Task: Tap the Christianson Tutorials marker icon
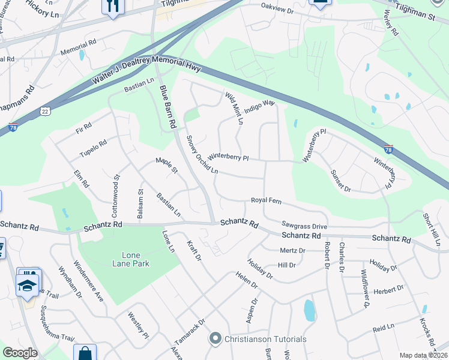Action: tap(216, 340)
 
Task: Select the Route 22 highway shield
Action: tap(45, 111)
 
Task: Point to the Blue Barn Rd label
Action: tap(167, 107)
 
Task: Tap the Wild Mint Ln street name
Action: tap(234, 108)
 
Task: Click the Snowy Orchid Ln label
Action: tap(202, 155)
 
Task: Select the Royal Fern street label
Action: tap(267, 200)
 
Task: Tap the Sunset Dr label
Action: tap(340, 180)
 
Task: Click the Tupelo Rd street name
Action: tap(93, 150)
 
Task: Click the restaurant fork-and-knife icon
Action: tap(113, 6)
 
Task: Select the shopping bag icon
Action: tap(85, 353)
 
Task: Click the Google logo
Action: tap(20, 353)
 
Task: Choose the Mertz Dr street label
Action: tap(292, 250)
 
